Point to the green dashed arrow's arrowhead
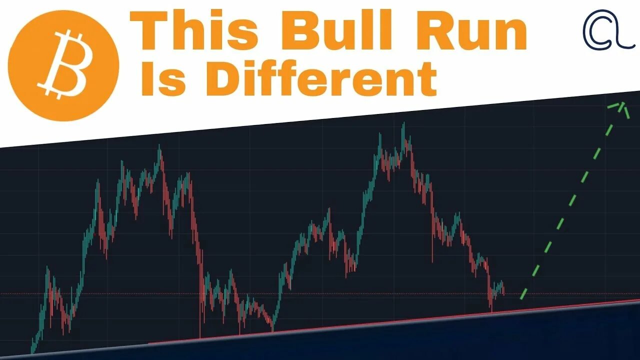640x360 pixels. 622,104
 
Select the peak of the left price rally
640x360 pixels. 159,147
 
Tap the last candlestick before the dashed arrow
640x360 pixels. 503,289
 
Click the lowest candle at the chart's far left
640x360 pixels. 32,347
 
